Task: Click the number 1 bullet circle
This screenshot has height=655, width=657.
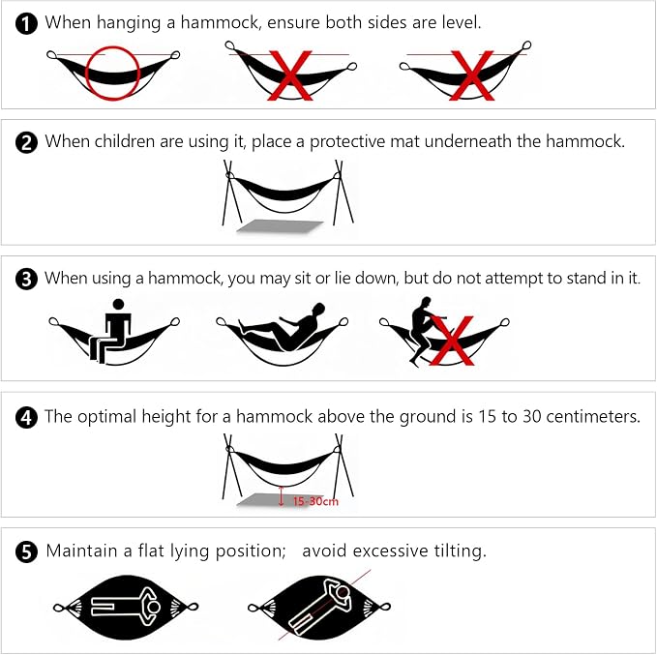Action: [26, 23]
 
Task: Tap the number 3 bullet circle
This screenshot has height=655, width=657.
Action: [26, 280]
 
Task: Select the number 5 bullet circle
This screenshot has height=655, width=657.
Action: [26, 551]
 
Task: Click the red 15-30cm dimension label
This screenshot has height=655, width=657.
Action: [315, 501]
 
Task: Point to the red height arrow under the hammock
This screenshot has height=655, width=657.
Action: [282, 495]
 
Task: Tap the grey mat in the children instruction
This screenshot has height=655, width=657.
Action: [280, 225]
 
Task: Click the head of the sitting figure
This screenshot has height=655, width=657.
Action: [119, 305]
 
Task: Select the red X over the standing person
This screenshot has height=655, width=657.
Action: [452, 341]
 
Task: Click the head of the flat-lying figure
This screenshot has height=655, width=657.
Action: [154, 607]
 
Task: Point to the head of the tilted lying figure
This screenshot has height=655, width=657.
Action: [343, 592]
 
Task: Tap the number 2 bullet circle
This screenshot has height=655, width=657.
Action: [26, 143]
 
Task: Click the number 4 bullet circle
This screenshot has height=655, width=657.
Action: [26, 418]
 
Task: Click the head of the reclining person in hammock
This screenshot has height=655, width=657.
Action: [319, 310]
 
